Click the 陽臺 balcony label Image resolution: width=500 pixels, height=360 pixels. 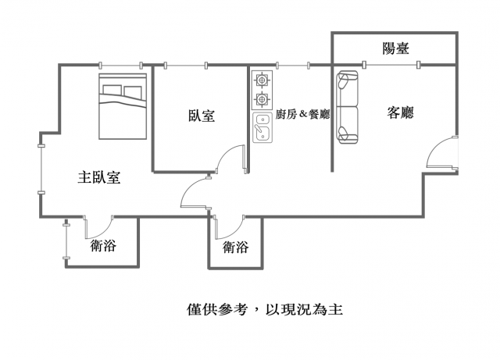(x=395, y=48)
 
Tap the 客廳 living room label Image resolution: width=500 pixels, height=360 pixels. (x=400, y=112)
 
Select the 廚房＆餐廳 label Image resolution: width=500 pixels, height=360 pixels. (x=302, y=114)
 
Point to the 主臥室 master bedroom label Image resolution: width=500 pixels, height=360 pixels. (x=99, y=177)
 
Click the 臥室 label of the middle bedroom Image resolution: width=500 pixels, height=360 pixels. (x=202, y=116)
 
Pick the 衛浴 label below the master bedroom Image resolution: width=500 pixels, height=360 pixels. (x=103, y=245)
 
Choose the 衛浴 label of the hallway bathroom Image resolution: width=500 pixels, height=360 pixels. (x=235, y=247)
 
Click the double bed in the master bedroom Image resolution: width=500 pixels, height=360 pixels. (x=123, y=106)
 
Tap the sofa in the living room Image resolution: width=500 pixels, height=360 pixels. (x=347, y=107)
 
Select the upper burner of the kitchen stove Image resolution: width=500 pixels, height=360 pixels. (x=262, y=80)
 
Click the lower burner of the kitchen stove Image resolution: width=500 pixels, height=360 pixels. (x=262, y=99)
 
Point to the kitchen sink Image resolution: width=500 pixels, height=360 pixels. (x=262, y=127)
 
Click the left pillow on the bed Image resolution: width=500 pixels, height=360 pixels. (x=112, y=90)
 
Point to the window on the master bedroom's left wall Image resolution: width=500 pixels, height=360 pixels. (x=41, y=169)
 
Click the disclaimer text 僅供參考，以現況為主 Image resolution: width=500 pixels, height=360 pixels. (x=265, y=309)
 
